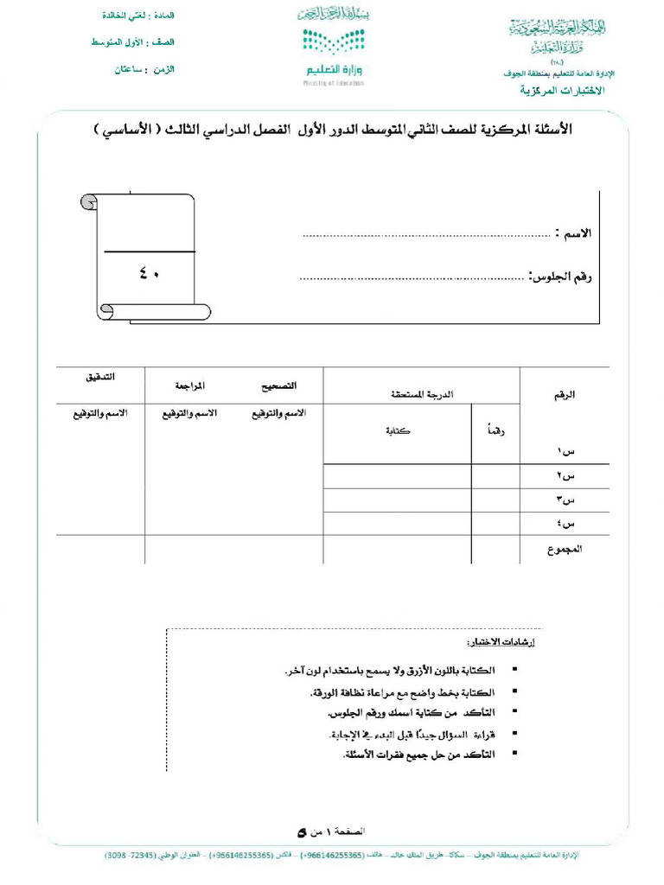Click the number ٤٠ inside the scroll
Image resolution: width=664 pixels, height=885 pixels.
149,274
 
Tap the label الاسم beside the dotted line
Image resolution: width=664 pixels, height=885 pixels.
577,234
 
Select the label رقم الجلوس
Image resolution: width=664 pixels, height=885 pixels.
562,277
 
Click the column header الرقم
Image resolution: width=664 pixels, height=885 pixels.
565,394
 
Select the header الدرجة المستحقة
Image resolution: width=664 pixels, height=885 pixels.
421,394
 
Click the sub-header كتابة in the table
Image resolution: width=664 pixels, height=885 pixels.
398,430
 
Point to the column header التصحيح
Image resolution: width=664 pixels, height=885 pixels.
279,385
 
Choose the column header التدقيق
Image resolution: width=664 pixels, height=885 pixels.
100,378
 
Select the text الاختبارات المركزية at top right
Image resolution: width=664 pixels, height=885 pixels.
562,91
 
